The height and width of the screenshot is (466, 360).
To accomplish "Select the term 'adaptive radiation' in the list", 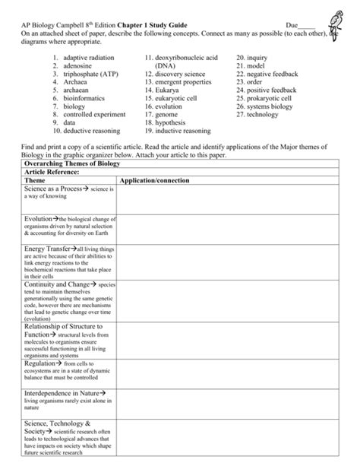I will pos(90,58).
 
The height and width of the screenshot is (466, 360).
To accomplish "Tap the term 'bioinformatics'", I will pos(85,100).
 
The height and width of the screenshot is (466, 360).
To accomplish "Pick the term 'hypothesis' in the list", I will pos(173,122).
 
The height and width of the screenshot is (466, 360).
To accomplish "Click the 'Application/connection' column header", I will pos(155,181).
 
